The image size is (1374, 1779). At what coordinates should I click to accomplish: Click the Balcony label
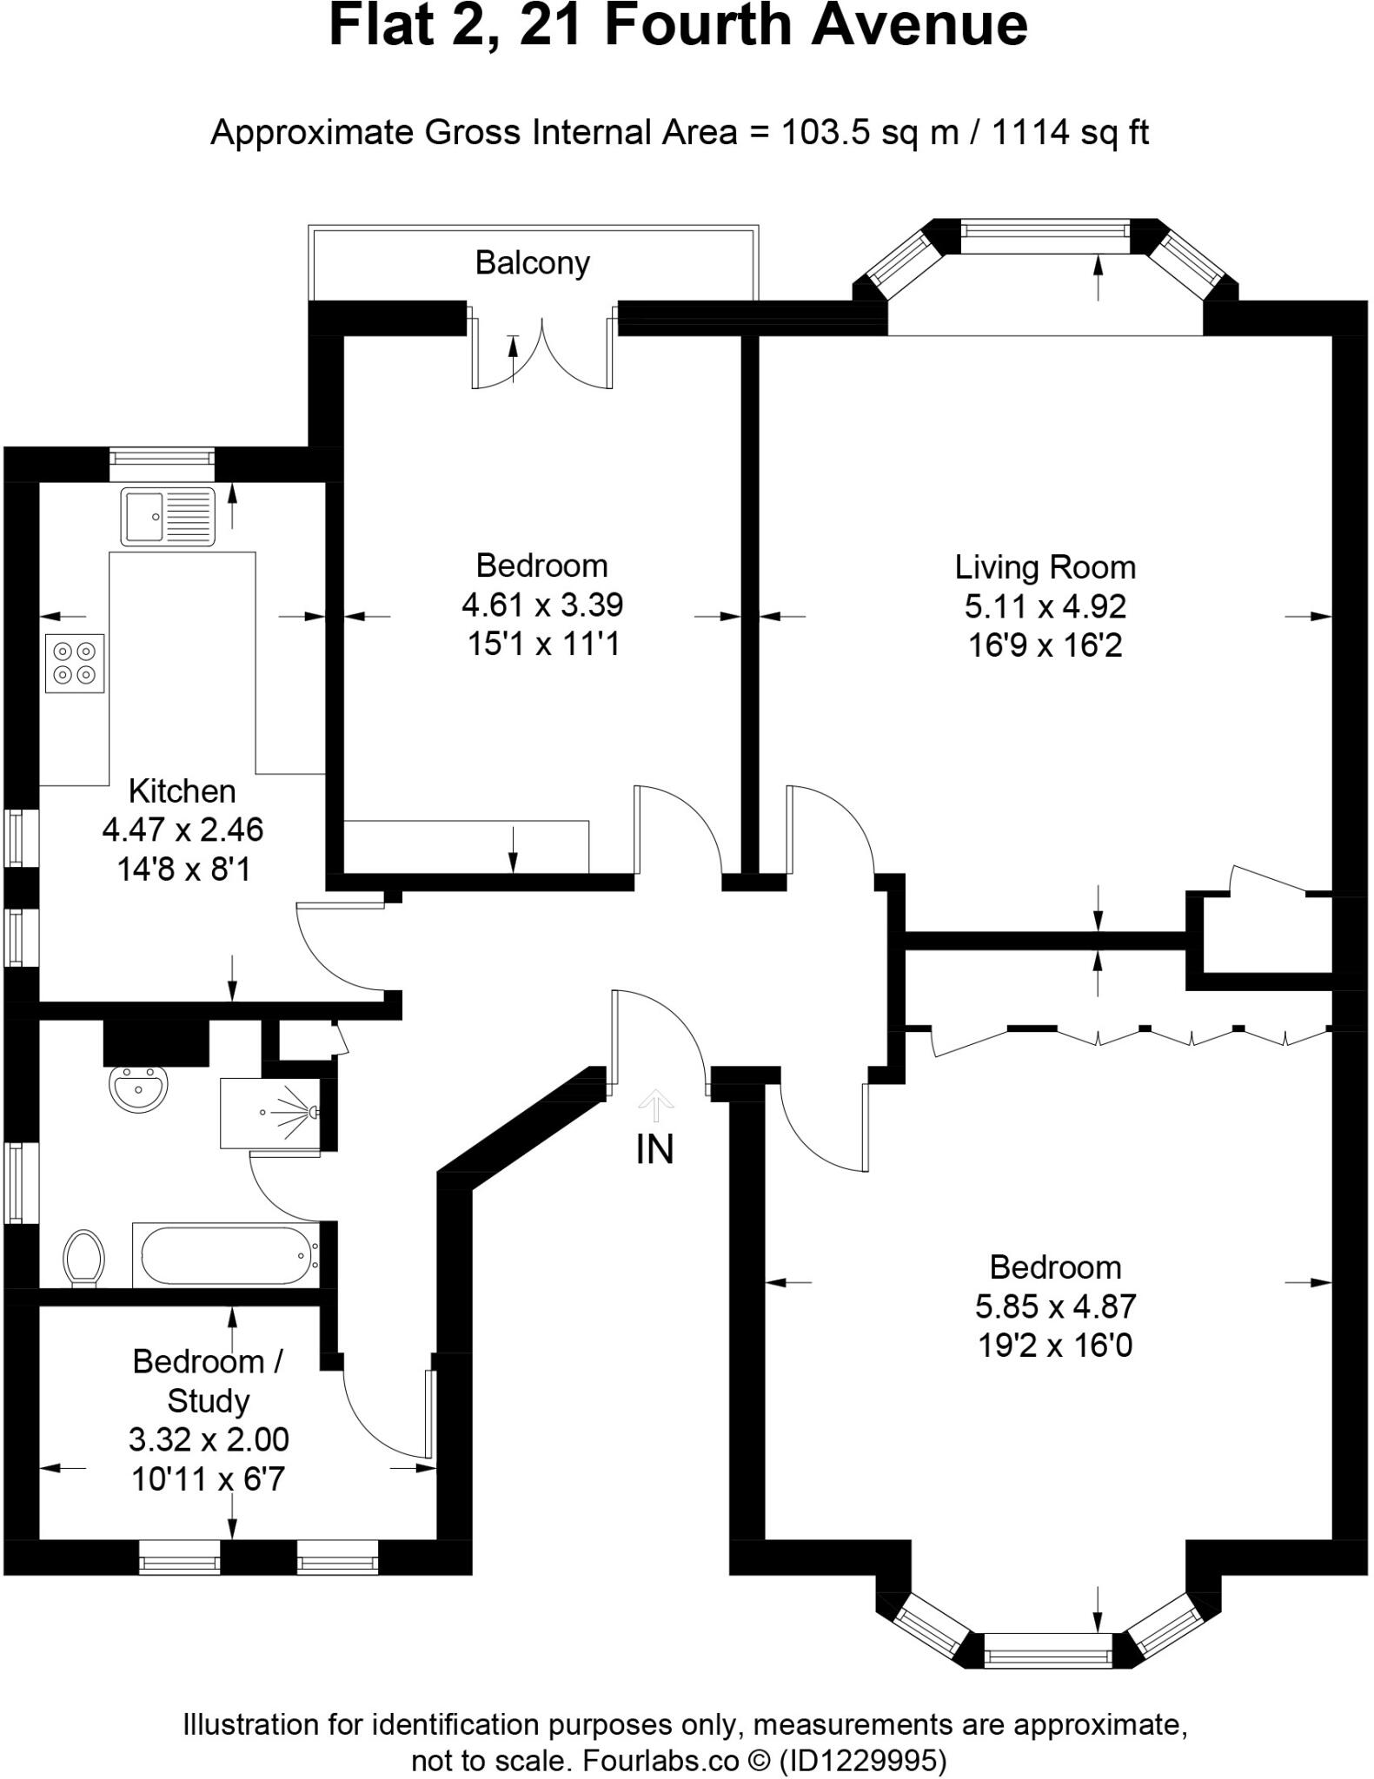[x=532, y=262]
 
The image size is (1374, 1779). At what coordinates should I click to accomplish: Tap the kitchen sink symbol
[x=168, y=516]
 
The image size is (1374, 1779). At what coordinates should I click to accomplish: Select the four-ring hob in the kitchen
[x=75, y=662]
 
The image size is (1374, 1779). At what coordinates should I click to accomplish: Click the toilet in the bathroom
[x=84, y=1258]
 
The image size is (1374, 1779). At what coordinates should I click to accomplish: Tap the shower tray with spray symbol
[x=270, y=1113]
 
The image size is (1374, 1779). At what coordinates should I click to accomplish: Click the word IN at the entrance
[x=654, y=1150]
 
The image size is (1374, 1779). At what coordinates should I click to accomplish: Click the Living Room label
[x=1045, y=567]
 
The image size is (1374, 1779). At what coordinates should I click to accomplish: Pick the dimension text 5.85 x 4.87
[x=1055, y=1306]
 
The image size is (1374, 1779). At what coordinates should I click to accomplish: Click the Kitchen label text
[x=182, y=791]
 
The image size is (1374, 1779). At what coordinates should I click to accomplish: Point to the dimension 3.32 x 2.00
[x=209, y=1439]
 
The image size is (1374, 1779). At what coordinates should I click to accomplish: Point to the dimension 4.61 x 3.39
[x=541, y=605]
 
